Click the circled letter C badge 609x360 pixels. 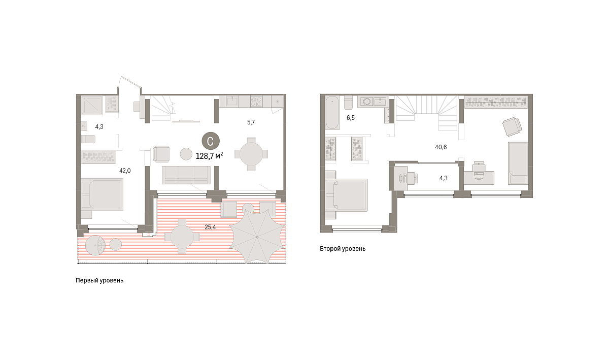tap(211, 141)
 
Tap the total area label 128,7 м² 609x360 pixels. tap(209, 156)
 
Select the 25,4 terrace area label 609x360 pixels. tap(210, 227)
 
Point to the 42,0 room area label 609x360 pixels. tap(125, 171)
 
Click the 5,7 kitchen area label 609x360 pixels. tap(251, 122)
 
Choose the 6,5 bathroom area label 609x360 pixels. tap(351, 118)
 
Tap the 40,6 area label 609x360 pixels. tap(441, 147)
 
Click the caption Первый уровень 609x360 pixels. tap(99, 280)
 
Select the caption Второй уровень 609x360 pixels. tap(343, 249)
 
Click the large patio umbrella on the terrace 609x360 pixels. tap(257, 236)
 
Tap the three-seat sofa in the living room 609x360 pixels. tap(186, 175)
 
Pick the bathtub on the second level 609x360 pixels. tap(332, 113)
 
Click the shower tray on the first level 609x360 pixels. tap(92, 105)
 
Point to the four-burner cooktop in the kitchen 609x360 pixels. tap(256, 101)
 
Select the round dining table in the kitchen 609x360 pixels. tap(251, 154)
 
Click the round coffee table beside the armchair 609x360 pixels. tap(186, 154)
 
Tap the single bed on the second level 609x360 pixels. tap(518, 163)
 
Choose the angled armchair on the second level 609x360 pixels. tap(512, 126)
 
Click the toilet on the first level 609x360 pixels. tap(88, 139)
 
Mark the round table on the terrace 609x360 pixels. tap(182, 237)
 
